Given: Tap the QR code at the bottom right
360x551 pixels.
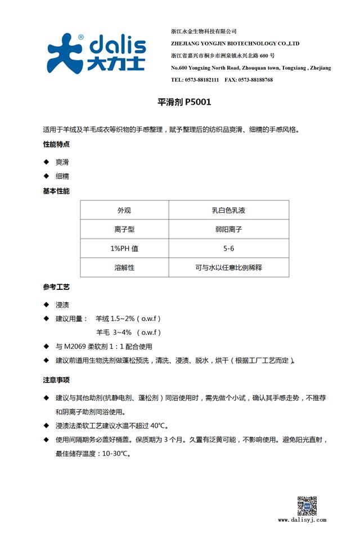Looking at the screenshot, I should (307, 506).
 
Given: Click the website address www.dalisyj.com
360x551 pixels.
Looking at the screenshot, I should (302, 520).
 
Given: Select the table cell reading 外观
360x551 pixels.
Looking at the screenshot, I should (124, 210).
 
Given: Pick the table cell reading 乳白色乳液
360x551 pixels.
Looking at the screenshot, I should (228, 210).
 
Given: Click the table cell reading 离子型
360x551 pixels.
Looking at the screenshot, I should (124, 230).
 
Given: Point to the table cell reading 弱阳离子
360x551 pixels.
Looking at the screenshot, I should (228, 230).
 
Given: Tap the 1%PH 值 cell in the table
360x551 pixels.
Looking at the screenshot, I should (124, 248).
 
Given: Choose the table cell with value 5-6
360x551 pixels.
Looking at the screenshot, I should (228, 248).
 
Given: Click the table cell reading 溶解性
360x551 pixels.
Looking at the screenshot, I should (124, 267).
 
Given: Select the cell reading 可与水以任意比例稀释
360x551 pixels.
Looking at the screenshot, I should (228, 267).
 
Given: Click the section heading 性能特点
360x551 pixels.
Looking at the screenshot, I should (56, 145).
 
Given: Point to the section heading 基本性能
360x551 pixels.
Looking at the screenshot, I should (56, 191).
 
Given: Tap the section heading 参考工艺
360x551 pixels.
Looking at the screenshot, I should (56, 287).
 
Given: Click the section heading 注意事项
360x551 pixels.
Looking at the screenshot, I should (56, 379).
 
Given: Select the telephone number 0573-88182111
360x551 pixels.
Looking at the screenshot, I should (200, 80).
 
